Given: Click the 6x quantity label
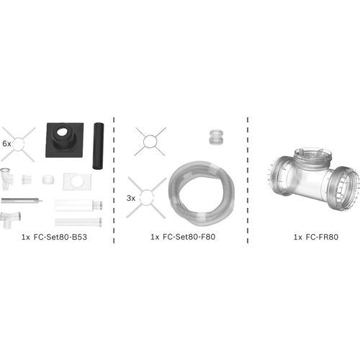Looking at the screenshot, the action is click(x=6, y=144).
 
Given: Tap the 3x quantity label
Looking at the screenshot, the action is click(x=131, y=198).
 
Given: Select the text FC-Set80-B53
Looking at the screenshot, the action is click(x=60, y=237).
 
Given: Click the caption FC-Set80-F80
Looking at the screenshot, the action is click(x=189, y=237).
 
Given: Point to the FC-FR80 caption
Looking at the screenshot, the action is click(x=322, y=237).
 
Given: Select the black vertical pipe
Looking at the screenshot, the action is click(x=98, y=147).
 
